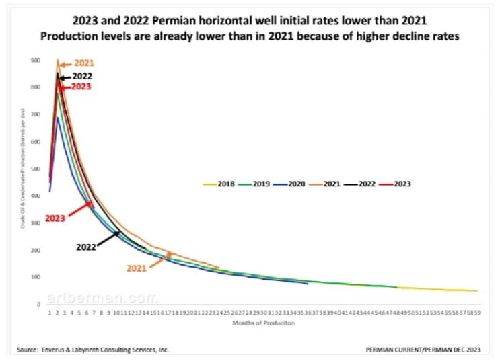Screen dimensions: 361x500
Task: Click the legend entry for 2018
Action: click(x=219, y=183)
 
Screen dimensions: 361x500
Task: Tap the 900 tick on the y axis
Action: click(x=34, y=61)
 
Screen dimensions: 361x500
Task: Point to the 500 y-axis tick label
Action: click(x=34, y=169)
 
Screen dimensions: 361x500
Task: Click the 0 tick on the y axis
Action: click(x=38, y=304)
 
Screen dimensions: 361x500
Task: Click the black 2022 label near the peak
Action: click(x=82, y=77)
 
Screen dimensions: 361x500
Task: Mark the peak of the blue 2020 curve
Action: click(x=58, y=118)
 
